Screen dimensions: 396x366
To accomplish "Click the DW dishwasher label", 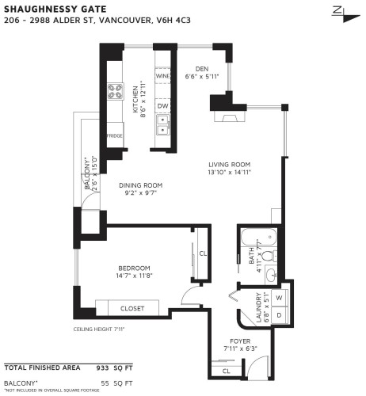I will coord(162,105).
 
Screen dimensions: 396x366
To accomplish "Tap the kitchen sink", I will coord(163,124).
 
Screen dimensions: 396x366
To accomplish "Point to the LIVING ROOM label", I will coord(230,164).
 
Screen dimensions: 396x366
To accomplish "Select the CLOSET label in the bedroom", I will coord(132,308).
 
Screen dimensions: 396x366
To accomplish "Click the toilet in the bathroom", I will coord(269,256).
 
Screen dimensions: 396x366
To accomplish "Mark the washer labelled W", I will coord(280,299).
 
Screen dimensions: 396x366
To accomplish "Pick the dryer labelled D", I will coord(280,314).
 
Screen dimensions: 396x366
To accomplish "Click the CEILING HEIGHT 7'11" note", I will coord(98,329).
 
